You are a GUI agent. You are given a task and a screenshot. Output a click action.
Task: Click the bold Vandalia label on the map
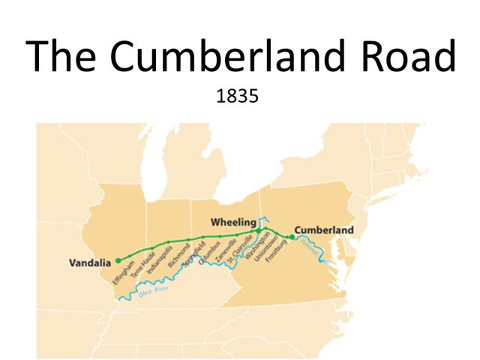[89, 262]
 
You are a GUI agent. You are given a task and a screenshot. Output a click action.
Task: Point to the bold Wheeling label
[233, 223]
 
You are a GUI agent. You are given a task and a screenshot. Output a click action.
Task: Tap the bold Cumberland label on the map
[324, 229]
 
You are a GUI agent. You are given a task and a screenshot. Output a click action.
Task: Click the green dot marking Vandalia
[118, 260]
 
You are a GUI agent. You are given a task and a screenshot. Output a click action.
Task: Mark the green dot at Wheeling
[258, 231]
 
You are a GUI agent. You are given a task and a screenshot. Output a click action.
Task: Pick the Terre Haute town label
[142, 265]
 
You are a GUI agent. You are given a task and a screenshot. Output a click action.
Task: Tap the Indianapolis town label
[159, 259]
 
